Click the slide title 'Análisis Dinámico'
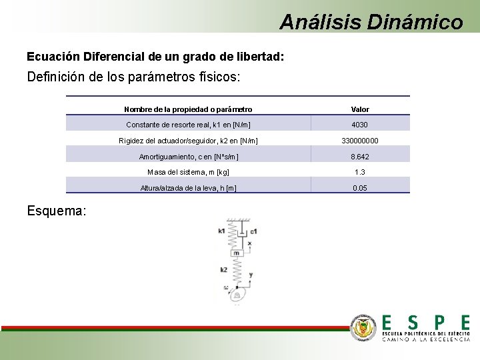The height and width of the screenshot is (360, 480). pyautogui.click(x=371, y=21)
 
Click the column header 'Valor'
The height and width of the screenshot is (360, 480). pyautogui.click(x=360, y=109)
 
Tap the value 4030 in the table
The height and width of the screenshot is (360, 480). pyautogui.click(x=360, y=125)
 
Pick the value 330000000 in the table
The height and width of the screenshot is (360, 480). pyautogui.click(x=360, y=141)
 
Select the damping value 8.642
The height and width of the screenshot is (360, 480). pyautogui.click(x=360, y=157)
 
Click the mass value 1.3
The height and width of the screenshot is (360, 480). pyautogui.click(x=360, y=172)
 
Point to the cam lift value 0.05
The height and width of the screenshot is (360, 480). pyautogui.click(x=360, y=188)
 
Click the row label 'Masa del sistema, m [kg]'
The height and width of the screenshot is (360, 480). pyautogui.click(x=188, y=172)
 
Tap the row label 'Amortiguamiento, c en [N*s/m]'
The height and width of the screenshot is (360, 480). pyautogui.click(x=189, y=157)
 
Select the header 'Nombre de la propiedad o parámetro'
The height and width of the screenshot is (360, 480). pyautogui.click(x=188, y=109)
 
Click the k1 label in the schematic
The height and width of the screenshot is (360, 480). pyautogui.click(x=221, y=231)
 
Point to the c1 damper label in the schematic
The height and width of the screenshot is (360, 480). pyautogui.click(x=253, y=231)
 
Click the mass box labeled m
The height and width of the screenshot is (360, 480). pyautogui.click(x=236, y=253)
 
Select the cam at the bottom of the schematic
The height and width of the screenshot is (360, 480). pyautogui.click(x=236, y=292)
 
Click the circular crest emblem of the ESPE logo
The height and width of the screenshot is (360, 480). pyautogui.click(x=364, y=327)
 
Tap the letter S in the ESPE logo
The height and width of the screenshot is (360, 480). pyautogui.click(x=413, y=322)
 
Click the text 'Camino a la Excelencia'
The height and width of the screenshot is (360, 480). pyautogui.click(x=425, y=339)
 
